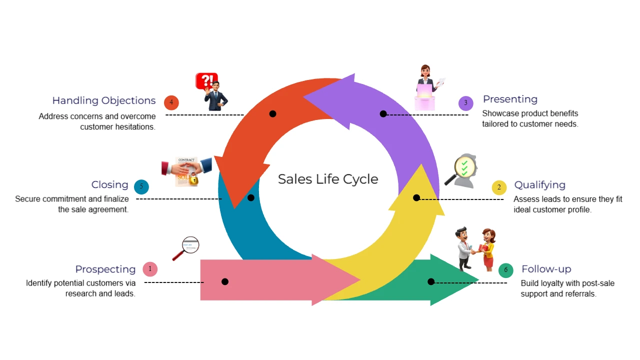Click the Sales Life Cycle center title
(328, 179)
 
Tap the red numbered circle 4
(171, 102)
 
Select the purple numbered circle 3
(465, 103)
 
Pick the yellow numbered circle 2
(499, 187)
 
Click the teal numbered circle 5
(141, 187)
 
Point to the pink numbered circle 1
(150, 269)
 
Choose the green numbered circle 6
(505, 270)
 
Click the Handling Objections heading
(104, 100)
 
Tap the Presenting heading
(510, 99)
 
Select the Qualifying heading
(539, 185)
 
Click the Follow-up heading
(546, 269)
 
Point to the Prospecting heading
(105, 269)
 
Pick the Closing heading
(109, 184)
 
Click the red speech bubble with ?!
(206, 81)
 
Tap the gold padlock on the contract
(194, 178)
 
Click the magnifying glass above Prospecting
(186, 248)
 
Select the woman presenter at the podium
(427, 87)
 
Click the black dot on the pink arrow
(225, 281)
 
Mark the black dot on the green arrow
(431, 281)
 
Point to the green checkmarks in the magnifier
(464, 168)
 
